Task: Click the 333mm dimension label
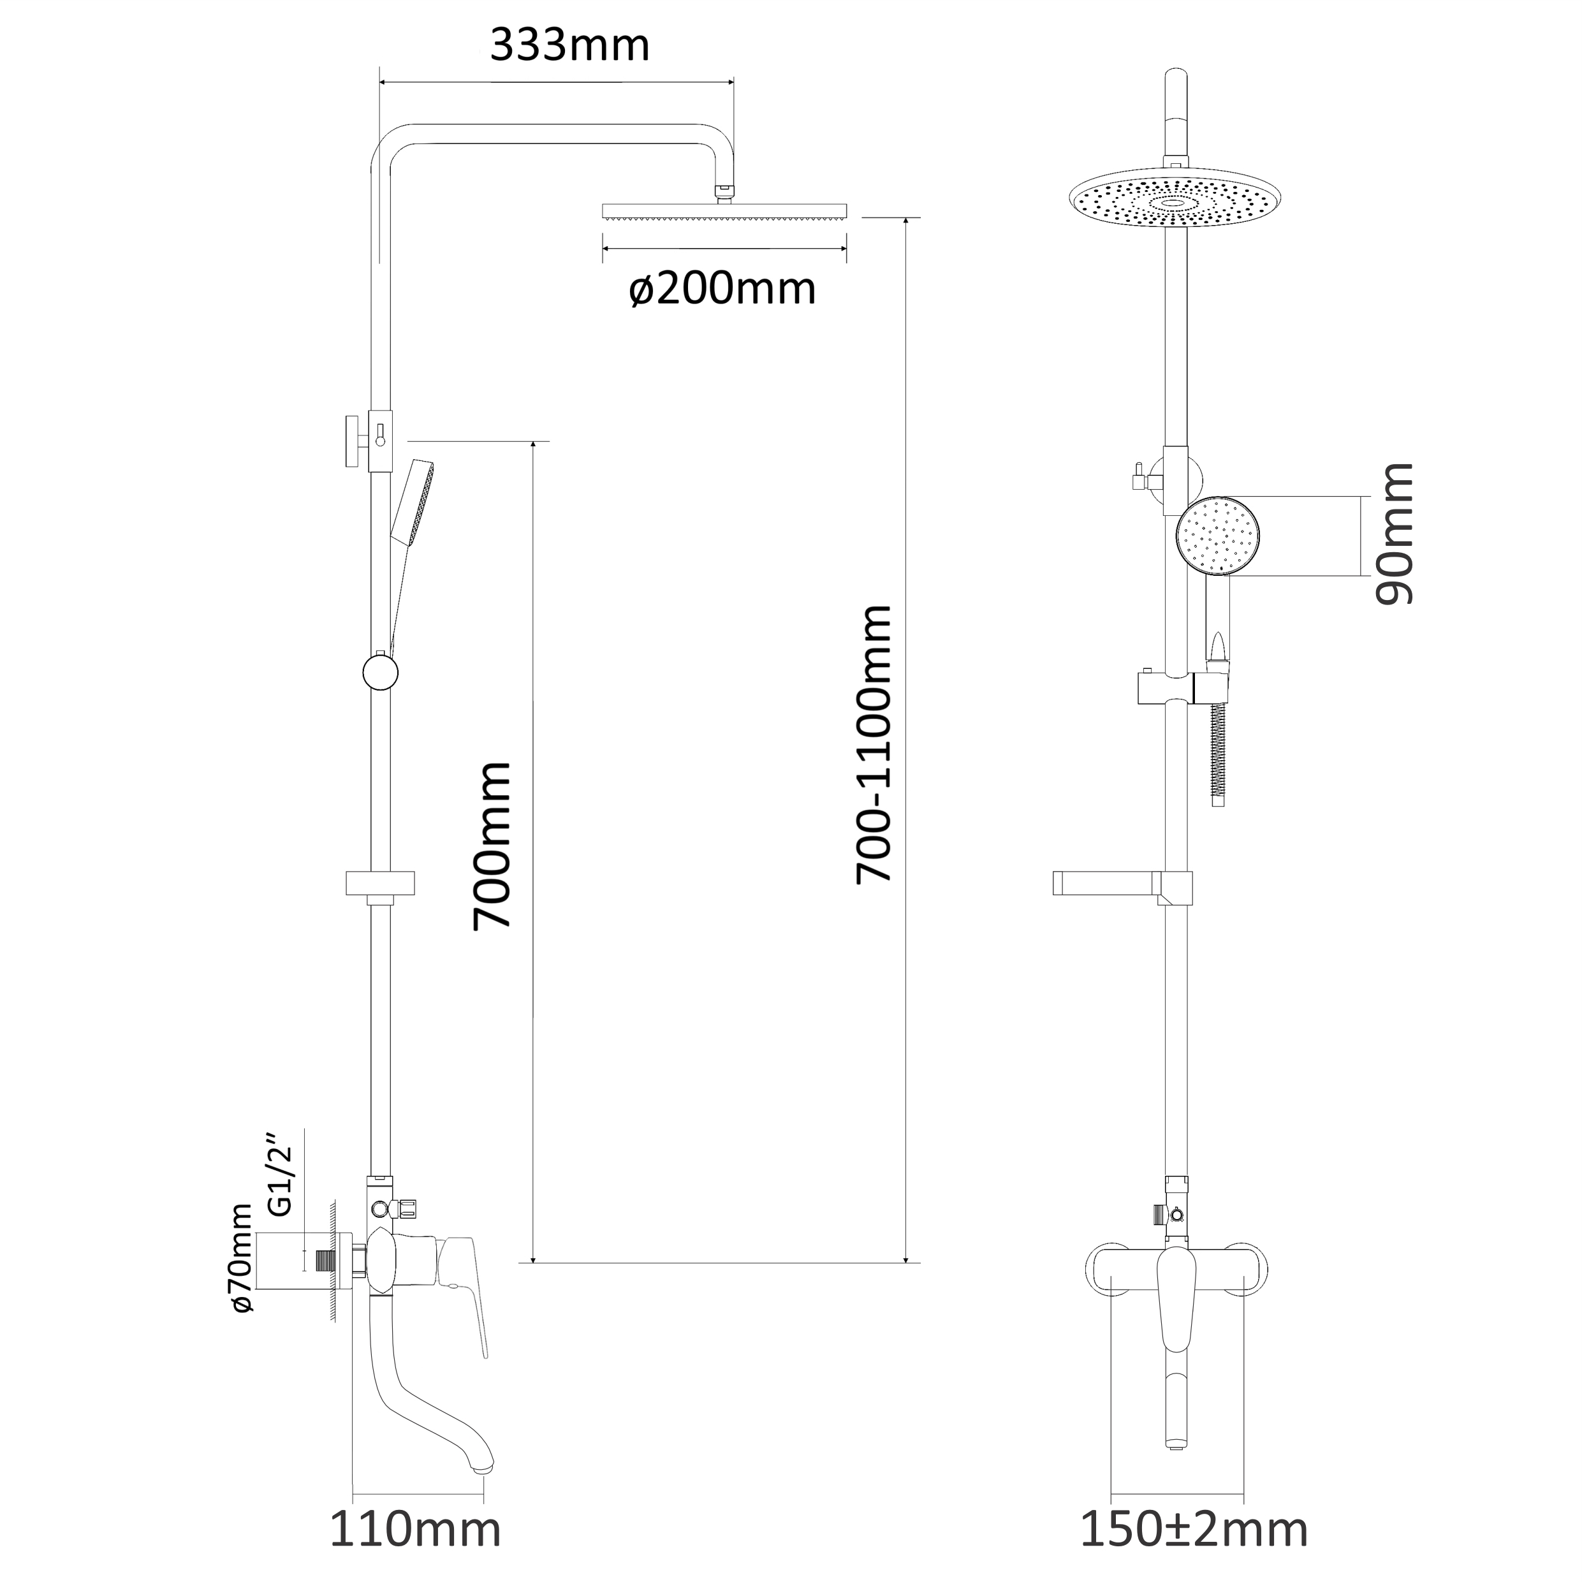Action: click(570, 46)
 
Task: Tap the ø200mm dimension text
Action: click(723, 288)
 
